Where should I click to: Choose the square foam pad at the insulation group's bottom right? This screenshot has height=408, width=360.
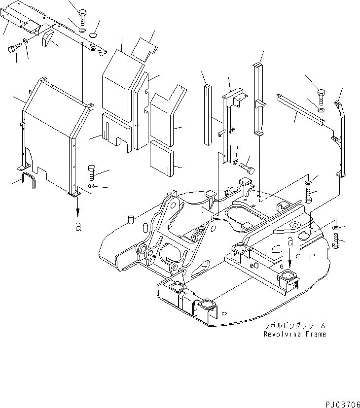[162, 158]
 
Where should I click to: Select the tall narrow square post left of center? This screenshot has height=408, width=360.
[207, 115]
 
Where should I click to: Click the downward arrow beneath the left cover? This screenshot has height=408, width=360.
[76, 210]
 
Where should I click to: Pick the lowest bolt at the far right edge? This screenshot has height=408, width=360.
[336, 241]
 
